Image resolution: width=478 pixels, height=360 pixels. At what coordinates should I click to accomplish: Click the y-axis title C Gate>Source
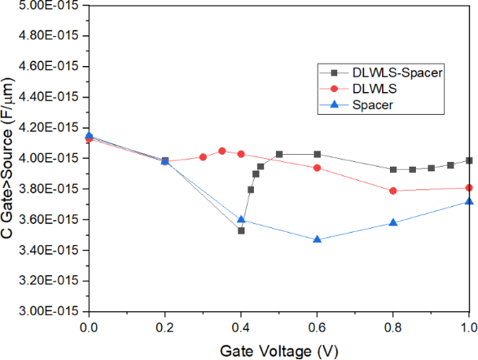9,159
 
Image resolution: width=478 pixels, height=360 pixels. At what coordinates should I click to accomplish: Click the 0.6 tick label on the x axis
317,326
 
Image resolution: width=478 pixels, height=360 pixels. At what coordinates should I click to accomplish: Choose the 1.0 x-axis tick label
468,326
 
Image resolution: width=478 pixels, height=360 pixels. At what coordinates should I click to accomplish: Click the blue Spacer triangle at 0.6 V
317,239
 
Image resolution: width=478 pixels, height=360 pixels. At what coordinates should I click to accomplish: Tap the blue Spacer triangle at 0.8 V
393,222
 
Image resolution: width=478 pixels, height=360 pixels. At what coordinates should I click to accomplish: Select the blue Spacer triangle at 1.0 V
469,202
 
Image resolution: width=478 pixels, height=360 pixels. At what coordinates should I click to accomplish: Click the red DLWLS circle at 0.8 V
393,190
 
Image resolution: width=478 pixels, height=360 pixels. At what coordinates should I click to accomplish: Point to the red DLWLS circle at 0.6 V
317,167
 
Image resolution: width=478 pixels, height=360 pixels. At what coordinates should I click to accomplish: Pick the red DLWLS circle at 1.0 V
469,188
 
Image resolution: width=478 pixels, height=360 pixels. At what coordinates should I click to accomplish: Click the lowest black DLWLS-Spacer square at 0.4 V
241,230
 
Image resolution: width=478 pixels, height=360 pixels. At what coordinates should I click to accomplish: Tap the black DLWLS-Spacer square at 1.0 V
469,160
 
